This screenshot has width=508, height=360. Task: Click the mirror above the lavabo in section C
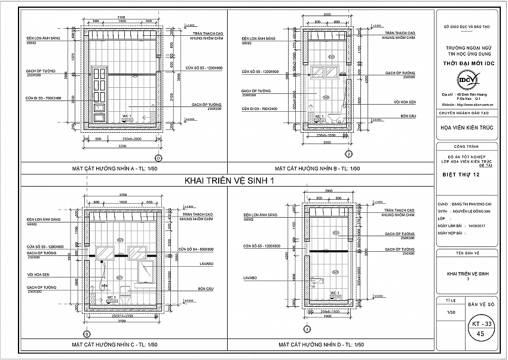click(145, 273)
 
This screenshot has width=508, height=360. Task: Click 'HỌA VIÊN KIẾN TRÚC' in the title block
click(467, 126)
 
